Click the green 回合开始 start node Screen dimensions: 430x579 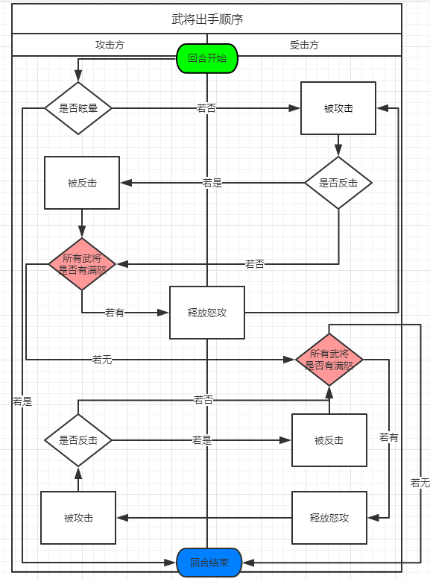(x=207, y=58)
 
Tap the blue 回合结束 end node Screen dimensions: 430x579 (x=209, y=563)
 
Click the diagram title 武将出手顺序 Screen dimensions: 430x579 (x=207, y=19)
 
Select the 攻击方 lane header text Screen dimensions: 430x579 (x=110, y=45)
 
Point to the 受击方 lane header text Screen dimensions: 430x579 (x=304, y=45)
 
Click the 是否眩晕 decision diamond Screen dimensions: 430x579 (x=78, y=108)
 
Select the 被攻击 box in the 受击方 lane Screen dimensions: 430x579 (x=338, y=108)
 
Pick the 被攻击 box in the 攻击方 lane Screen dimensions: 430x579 (x=78, y=518)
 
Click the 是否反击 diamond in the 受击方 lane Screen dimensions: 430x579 (x=338, y=183)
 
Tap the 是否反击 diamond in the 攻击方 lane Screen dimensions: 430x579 (x=78, y=440)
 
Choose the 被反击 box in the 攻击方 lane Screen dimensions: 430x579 (x=82, y=183)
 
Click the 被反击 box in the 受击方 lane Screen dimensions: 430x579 (x=329, y=440)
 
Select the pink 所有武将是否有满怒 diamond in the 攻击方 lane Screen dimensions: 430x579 (x=82, y=264)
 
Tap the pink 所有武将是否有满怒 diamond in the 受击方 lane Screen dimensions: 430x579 (x=329, y=360)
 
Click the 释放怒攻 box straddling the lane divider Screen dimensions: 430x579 (x=207, y=313)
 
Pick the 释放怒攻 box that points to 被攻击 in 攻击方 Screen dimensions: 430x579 (x=329, y=518)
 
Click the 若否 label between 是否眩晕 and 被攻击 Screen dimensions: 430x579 (x=206, y=108)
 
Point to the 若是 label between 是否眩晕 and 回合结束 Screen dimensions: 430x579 (x=22, y=401)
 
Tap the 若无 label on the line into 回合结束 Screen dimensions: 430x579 (x=420, y=483)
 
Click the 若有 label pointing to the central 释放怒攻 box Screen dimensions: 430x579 (x=114, y=313)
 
